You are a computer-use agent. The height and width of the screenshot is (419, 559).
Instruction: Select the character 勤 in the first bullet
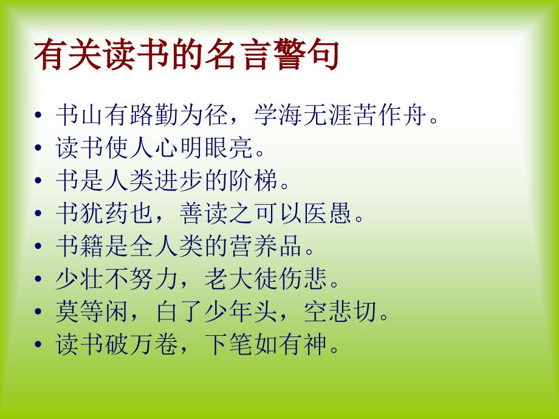tap(166, 115)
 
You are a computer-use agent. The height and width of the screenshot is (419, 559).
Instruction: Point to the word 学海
tap(278, 115)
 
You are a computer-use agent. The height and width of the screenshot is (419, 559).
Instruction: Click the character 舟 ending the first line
tap(414, 115)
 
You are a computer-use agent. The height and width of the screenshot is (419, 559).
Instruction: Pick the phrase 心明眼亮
tap(204, 148)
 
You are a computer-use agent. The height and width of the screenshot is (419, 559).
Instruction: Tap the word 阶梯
tap(253, 180)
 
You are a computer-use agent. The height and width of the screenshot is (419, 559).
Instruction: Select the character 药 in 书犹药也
tap(117, 213)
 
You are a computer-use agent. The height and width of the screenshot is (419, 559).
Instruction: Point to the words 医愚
tap(328, 213)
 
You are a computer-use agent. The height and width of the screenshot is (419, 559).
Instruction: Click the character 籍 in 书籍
tap(92, 246)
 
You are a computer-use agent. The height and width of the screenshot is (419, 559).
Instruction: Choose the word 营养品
tap(266, 246)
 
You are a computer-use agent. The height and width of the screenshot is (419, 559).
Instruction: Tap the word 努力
tap(154, 279)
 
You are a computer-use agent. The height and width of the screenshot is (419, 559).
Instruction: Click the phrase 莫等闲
tap(92, 312)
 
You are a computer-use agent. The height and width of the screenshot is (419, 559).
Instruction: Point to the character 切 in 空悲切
tap(365, 312)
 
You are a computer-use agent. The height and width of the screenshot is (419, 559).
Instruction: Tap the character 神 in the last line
tap(315, 344)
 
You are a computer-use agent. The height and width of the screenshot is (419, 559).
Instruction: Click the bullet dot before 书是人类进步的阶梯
tap(38, 180)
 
